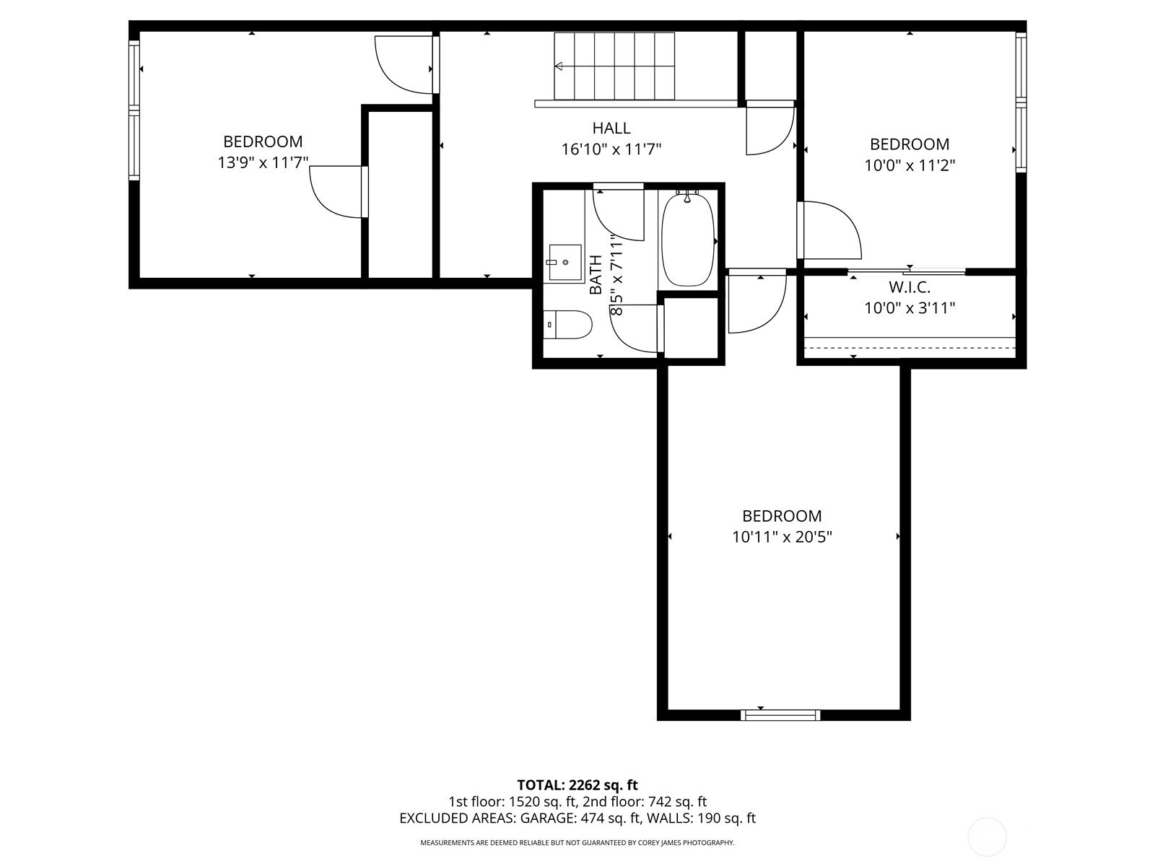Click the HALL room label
point(611,128)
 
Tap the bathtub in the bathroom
point(687,240)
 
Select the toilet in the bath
point(567,325)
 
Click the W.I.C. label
point(910,287)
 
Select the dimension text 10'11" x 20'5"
point(782,537)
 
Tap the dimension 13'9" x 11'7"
point(263,162)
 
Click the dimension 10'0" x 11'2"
point(910,165)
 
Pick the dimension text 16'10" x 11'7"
point(611,149)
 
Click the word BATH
point(595,274)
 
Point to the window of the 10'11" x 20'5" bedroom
point(780,714)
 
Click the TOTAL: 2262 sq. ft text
point(577,785)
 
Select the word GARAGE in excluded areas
point(547,818)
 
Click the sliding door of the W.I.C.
point(906,272)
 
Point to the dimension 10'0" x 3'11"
point(910,307)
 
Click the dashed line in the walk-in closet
point(910,348)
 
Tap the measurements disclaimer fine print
point(577,843)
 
